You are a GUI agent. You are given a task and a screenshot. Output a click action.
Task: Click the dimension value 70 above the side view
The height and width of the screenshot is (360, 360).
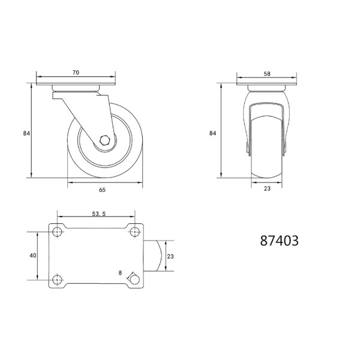(76, 73)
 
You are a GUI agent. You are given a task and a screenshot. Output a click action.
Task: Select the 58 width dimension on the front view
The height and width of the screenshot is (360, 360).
(267, 74)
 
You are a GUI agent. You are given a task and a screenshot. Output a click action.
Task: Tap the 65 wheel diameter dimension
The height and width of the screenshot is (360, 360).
(102, 190)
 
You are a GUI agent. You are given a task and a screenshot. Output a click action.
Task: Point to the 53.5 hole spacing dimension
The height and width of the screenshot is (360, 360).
(99, 214)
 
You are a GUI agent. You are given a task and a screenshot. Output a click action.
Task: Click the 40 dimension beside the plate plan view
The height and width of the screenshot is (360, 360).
(33, 256)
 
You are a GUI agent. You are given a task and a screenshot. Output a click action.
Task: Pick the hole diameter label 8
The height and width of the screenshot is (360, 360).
(120, 273)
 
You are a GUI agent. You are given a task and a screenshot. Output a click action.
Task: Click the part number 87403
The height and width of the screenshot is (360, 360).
(279, 241)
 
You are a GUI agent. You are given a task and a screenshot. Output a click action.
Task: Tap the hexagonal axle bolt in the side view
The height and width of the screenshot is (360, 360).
(105, 140)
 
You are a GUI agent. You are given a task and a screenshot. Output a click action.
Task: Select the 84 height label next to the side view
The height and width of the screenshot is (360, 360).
(26, 133)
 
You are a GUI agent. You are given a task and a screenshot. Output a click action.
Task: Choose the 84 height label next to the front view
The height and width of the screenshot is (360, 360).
(212, 133)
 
